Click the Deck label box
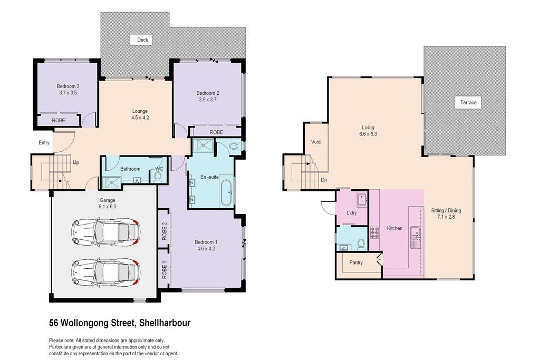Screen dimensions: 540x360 [x=142, y=40]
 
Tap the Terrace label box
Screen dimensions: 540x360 [x=468, y=103]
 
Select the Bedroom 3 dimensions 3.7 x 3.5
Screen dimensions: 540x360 [x=68, y=93]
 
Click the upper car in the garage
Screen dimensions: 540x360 [x=106, y=232]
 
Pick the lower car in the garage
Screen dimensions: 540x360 [x=106, y=272]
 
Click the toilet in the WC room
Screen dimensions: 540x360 [x=158, y=176]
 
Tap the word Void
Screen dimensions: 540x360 [x=315, y=142]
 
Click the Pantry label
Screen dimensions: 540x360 [x=356, y=262]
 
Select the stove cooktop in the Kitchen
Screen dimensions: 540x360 [x=374, y=232]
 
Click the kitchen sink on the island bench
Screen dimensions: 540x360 [x=416, y=232]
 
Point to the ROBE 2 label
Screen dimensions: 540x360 [x=165, y=231]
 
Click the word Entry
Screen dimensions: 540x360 [x=44, y=143]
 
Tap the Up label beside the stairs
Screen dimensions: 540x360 [x=76, y=162]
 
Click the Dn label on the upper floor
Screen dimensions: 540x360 [x=324, y=180]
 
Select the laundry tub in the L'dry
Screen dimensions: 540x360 [x=362, y=200]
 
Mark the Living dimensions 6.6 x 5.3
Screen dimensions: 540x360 [x=368, y=134]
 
